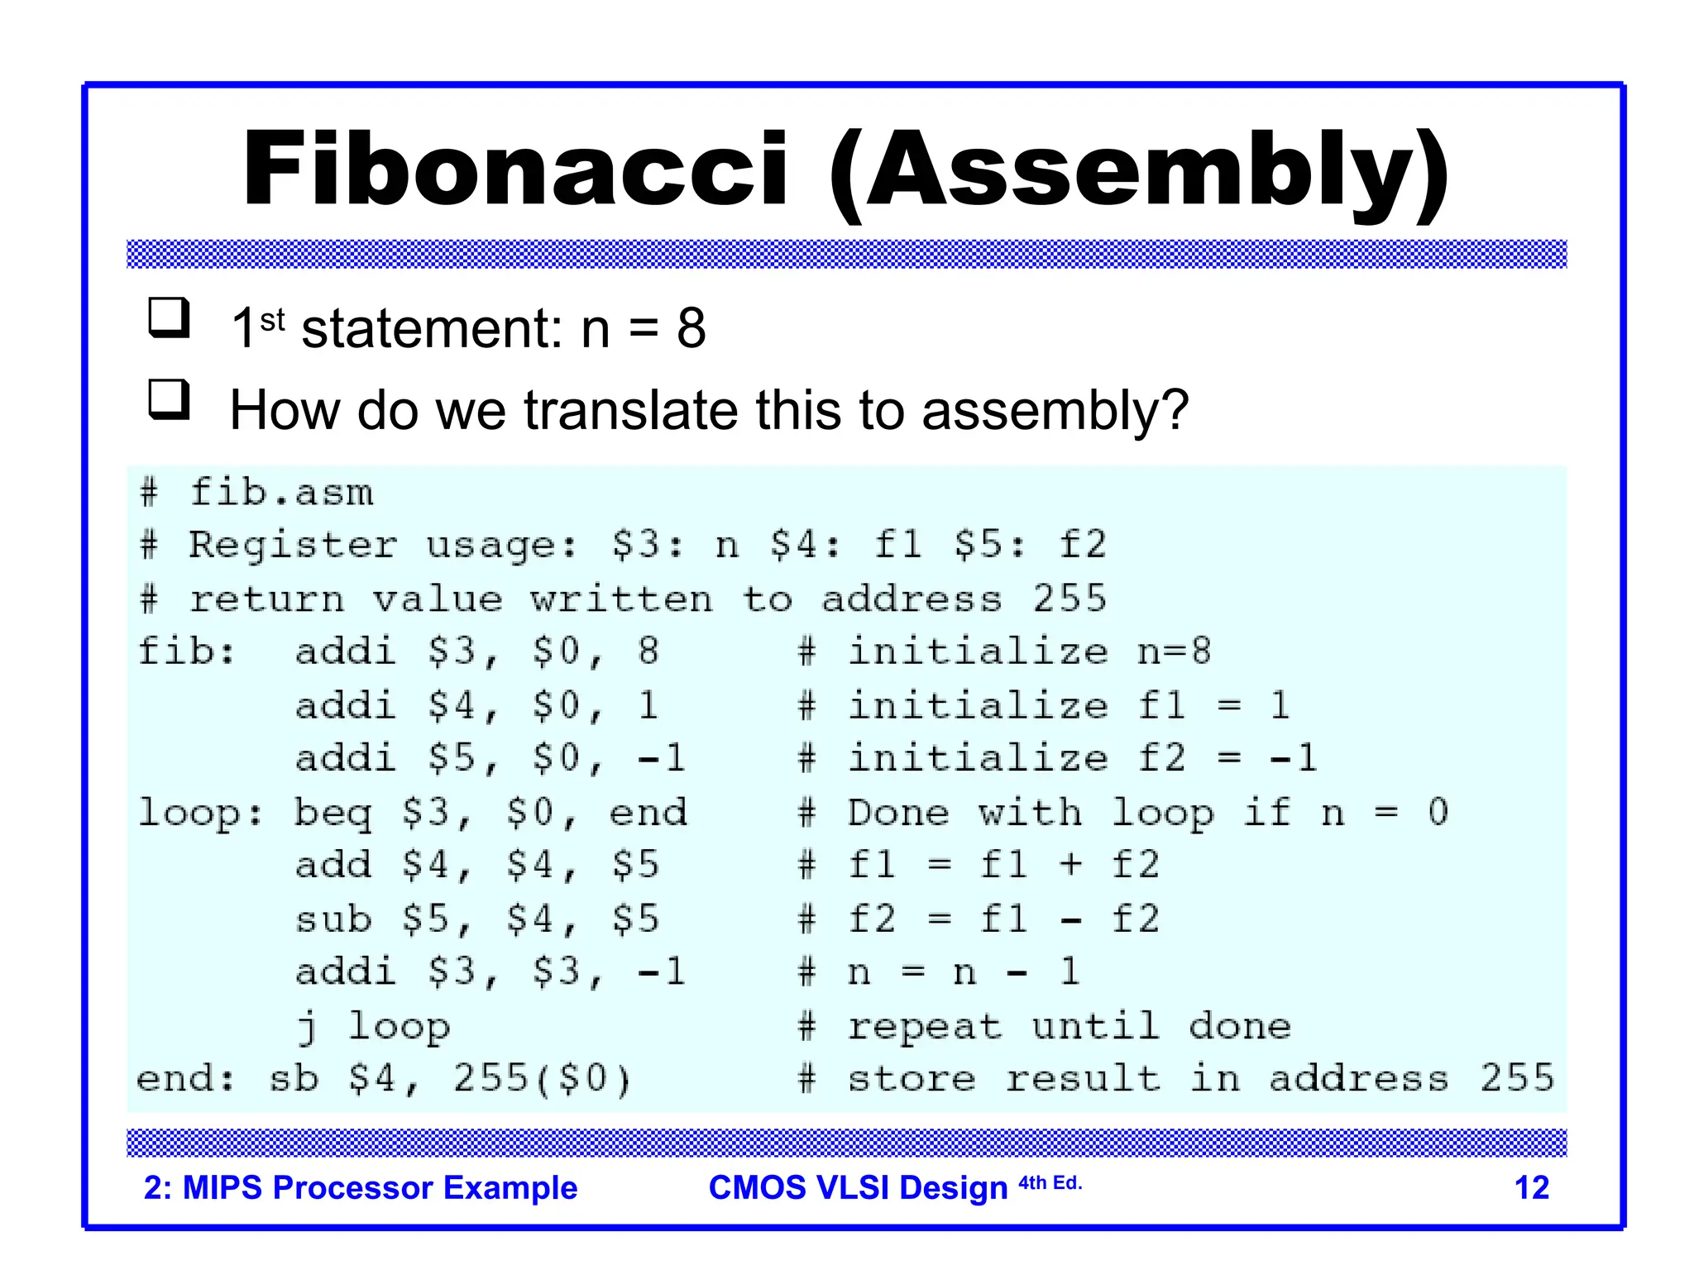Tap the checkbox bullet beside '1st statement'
[169, 318]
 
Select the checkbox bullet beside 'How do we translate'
[169, 400]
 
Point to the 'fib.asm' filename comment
[281, 493]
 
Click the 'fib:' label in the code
[186, 652]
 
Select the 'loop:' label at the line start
[199, 812]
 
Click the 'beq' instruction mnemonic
[333, 814]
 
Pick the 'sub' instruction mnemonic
[333, 919]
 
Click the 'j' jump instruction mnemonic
[306, 1028]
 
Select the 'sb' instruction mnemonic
[294, 1079]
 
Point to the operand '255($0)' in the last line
[542, 1079]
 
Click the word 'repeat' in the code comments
[925, 1028]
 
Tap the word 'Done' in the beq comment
[897, 812]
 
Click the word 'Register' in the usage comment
[292, 546]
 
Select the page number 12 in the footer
[1531, 1187]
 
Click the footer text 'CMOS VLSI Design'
[858, 1187]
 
